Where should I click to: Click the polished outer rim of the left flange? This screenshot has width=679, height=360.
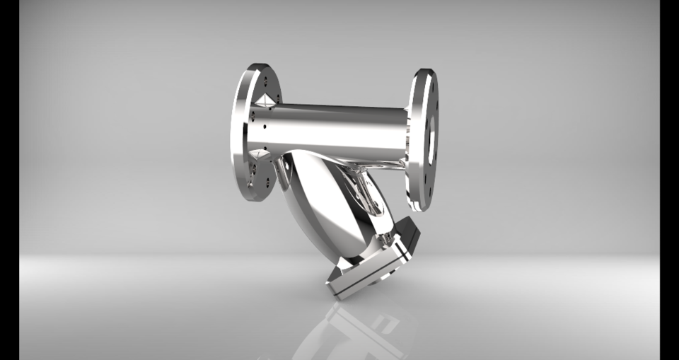point(238,134)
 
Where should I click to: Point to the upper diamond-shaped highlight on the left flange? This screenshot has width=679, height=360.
point(264,100)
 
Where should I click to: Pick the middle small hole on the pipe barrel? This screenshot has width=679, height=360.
point(265,128)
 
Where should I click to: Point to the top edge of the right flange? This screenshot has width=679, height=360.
point(424,71)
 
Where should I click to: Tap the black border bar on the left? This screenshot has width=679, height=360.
point(9,180)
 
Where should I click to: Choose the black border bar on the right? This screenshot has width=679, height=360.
point(669,180)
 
